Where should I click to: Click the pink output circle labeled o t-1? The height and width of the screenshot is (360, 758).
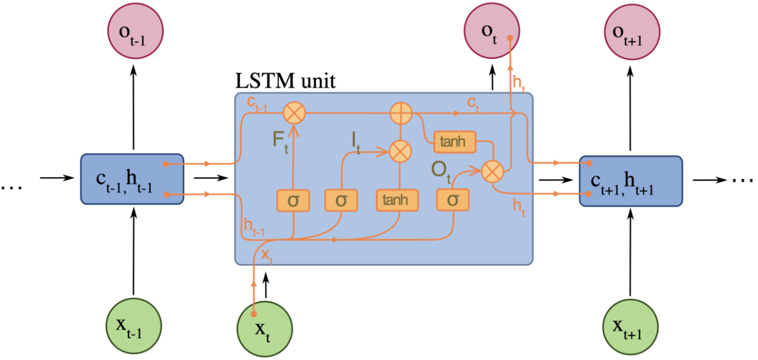click(x=133, y=32)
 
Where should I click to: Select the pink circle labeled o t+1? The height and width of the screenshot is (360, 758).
click(x=631, y=32)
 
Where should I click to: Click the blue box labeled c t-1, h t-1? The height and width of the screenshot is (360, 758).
click(x=132, y=179)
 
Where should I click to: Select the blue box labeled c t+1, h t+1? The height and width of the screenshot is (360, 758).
click(x=631, y=179)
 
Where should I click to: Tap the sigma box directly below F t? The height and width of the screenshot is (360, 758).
click(x=293, y=200)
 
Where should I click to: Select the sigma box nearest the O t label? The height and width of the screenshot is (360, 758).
click(x=453, y=200)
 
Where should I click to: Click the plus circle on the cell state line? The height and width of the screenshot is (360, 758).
click(x=401, y=114)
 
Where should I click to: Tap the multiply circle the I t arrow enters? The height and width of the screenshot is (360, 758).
click(x=400, y=150)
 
